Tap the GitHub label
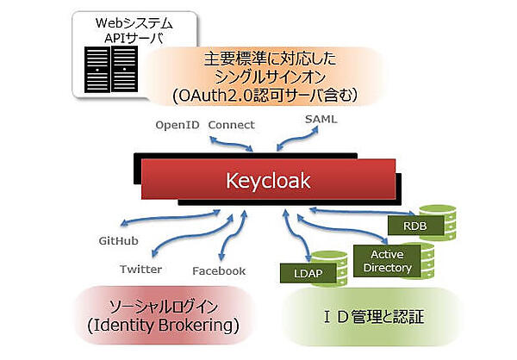click(119, 242)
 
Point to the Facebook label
click(219, 270)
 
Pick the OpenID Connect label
click(204, 125)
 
